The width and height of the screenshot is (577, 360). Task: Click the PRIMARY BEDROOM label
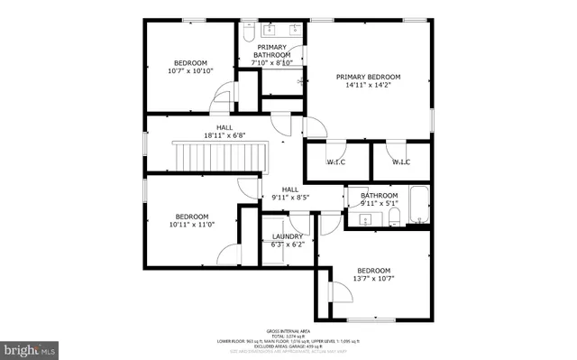pos(368,78)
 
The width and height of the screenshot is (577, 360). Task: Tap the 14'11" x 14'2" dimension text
pos(368,87)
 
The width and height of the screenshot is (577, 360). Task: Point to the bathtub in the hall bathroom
pos(419,205)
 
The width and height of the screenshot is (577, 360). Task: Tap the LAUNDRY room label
pos(287,236)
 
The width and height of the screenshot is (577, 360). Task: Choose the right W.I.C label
pos(401,162)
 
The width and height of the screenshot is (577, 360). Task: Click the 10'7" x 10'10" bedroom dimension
pos(190,70)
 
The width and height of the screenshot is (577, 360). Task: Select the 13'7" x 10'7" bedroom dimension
pos(373,279)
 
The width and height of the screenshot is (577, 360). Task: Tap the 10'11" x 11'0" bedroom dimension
pos(191,225)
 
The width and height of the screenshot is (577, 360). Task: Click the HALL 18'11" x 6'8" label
pos(224,131)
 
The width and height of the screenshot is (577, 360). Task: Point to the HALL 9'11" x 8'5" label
pos(290,192)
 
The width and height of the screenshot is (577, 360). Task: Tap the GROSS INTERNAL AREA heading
pos(288,331)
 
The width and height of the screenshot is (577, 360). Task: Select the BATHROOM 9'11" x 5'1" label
pos(379,199)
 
